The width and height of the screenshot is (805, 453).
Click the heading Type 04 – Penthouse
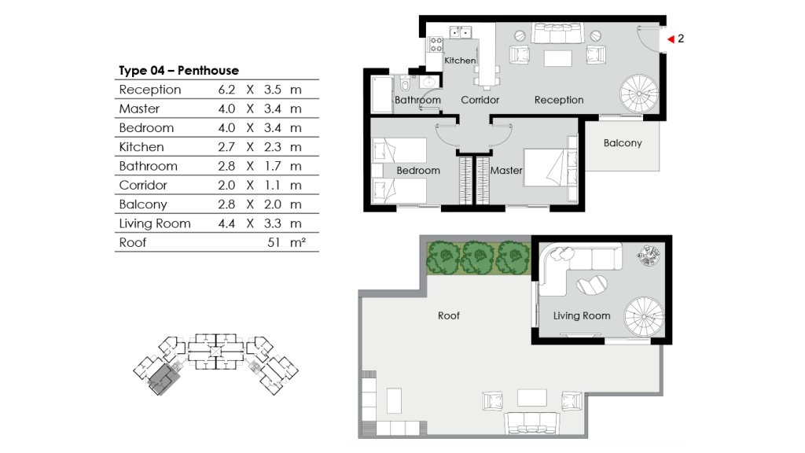pos(178,71)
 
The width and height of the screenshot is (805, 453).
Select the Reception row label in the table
pos(150,90)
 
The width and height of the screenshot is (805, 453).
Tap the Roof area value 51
pos(274,243)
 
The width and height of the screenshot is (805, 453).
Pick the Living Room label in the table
pos(155,223)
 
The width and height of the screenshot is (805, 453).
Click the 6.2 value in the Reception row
pos(226,90)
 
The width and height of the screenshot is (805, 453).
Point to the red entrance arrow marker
pos(671,38)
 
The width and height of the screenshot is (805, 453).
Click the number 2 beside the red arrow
pos(681,38)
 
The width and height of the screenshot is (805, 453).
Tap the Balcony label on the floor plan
pos(623,143)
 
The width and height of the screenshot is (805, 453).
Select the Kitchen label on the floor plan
pos(460,61)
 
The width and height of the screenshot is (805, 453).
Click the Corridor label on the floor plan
pos(480,100)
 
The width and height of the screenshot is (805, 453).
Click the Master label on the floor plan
pos(506,170)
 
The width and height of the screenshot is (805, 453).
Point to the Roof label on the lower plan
pos(449,315)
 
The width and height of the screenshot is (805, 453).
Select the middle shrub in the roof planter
pos(477,256)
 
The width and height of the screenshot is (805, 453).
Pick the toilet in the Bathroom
pos(403,85)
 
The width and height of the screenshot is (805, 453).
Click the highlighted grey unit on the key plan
pos(166,377)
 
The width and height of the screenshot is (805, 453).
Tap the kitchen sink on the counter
pos(460,33)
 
